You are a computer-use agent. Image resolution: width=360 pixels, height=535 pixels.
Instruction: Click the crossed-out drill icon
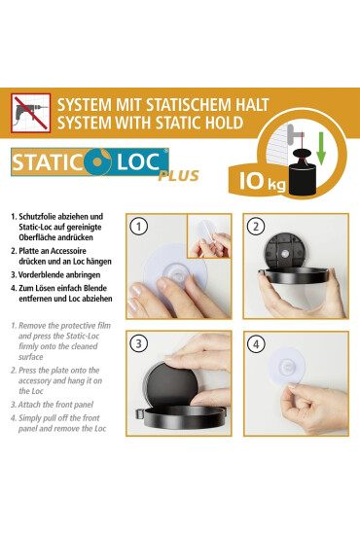pos(31,113)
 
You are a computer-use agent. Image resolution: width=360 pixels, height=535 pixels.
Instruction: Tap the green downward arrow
pos(321,149)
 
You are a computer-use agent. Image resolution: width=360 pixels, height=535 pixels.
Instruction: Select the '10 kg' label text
pos(262,181)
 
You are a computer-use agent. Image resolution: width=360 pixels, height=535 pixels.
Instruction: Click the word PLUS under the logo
pos(178,176)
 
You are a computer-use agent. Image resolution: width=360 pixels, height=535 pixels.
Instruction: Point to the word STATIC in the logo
pos(46,162)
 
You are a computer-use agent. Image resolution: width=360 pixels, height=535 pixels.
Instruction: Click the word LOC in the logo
pos(138,162)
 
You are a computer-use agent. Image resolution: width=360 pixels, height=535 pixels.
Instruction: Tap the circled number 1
pos(138,227)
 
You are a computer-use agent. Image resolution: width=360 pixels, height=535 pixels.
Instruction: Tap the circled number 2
pos(256,227)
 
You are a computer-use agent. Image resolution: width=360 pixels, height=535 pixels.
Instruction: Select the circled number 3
pos(138,344)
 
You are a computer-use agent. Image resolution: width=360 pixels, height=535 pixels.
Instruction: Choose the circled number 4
pos(256,344)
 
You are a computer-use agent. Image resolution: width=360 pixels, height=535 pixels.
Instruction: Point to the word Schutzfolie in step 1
pos(38,217)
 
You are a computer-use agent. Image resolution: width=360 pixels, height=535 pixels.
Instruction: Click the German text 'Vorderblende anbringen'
pos(59,275)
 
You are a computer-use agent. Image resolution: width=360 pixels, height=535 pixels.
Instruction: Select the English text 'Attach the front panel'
pos(55,405)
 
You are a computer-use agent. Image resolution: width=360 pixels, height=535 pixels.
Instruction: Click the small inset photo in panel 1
pos(209,236)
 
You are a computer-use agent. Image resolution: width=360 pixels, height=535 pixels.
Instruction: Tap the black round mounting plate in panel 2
pos(285,251)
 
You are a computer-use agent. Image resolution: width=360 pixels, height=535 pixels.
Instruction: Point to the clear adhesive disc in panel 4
pos(287,367)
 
